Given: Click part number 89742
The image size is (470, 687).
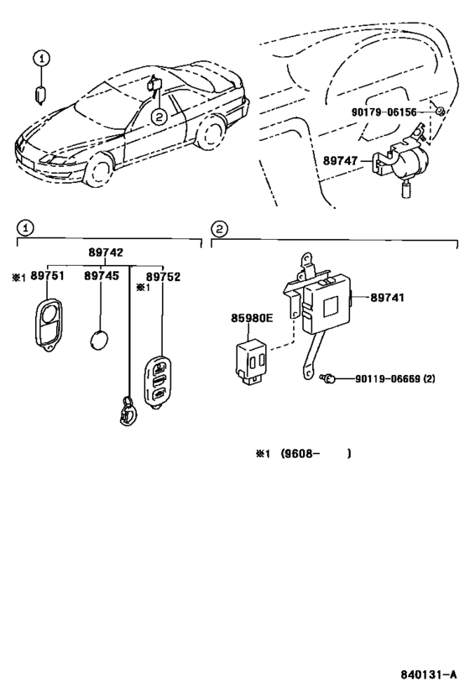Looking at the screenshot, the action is (x=106, y=252).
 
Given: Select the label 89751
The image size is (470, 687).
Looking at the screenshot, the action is (x=47, y=276).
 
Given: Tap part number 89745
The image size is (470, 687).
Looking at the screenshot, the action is (x=102, y=276).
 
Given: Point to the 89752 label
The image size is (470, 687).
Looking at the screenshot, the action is (x=163, y=277).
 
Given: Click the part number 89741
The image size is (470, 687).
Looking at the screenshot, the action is (x=387, y=298).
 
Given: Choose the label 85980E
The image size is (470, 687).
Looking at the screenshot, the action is (x=252, y=318).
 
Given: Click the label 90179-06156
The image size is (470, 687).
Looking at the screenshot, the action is (x=384, y=112).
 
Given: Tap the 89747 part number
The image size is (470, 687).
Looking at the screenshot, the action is (x=340, y=161).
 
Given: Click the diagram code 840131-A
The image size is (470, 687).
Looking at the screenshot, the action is (x=428, y=674).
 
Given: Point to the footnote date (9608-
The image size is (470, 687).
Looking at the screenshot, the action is (x=297, y=454).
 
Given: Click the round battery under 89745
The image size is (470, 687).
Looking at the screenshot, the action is (x=100, y=340).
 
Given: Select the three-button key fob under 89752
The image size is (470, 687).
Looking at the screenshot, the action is (x=158, y=383).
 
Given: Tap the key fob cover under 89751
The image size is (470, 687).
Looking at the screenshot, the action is (x=48, y=323).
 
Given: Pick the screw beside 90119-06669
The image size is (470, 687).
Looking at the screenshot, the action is (x=328, y=377).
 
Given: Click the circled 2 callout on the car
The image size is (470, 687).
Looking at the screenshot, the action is (x=159, y=116).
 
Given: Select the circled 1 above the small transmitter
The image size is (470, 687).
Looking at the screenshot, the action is (x=42, y=58).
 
